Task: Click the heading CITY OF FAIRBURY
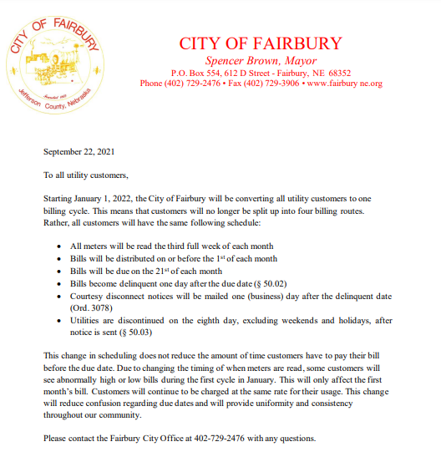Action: [x=261, y=43]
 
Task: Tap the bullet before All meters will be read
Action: [x=56, y=247]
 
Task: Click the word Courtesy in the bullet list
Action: [x=89, y=296]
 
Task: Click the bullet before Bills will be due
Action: [x=56, y=272]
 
